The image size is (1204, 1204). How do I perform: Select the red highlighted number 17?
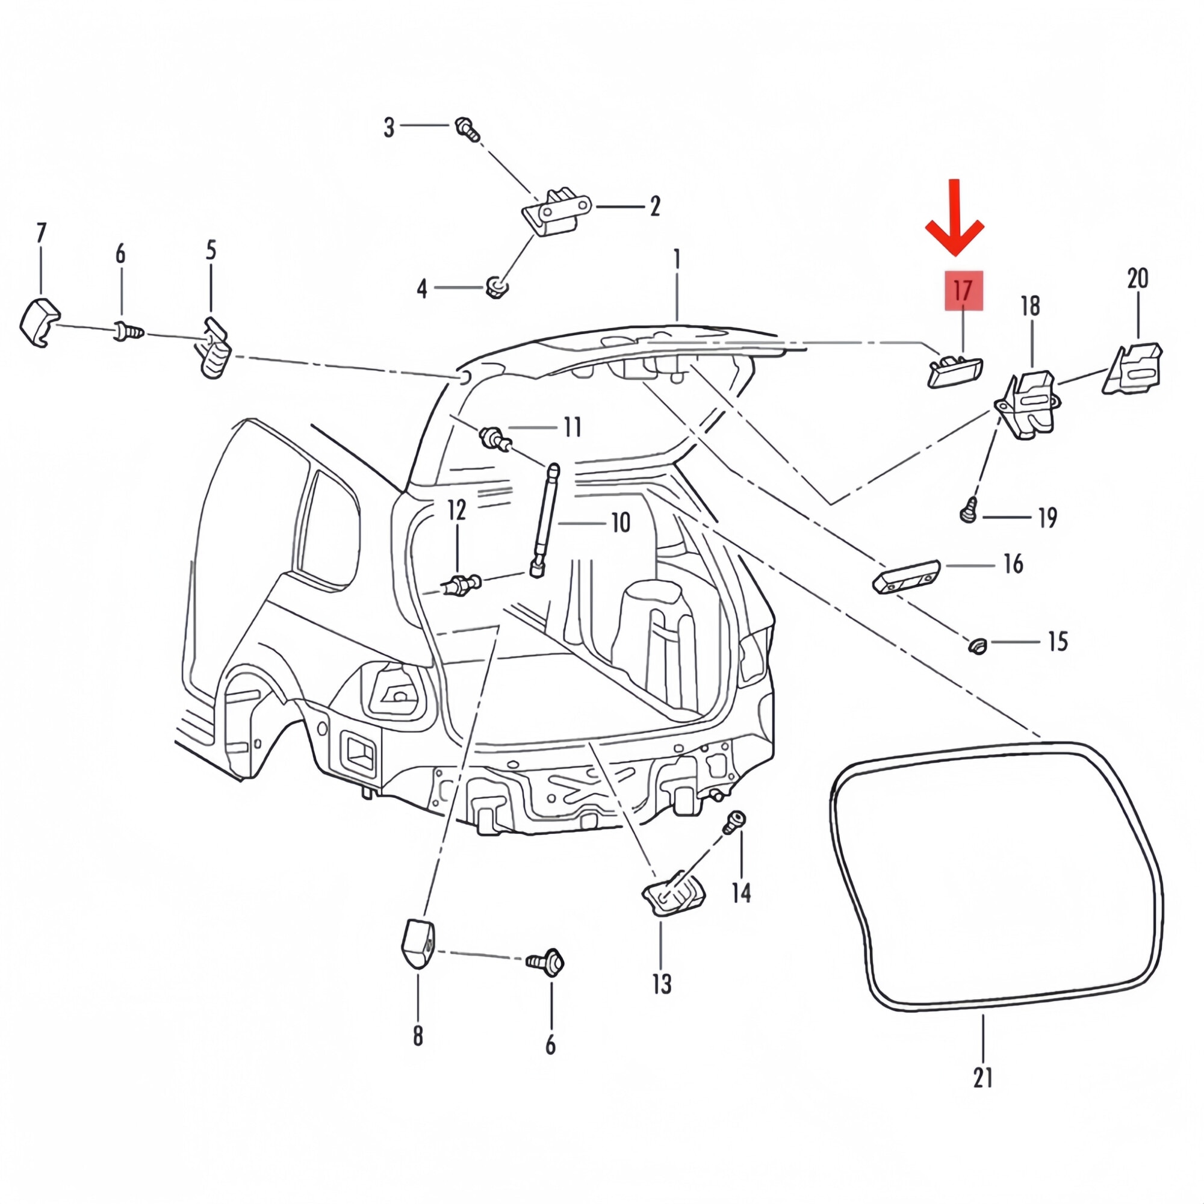click(x=963, y=290)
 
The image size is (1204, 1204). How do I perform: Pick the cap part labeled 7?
click(x=39, y=322)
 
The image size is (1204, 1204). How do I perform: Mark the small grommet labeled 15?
click(x=977, y=645)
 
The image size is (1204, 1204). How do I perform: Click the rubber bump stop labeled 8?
click(x=418, y=943)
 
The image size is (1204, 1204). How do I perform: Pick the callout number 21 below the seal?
click(x=983, y=1078)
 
